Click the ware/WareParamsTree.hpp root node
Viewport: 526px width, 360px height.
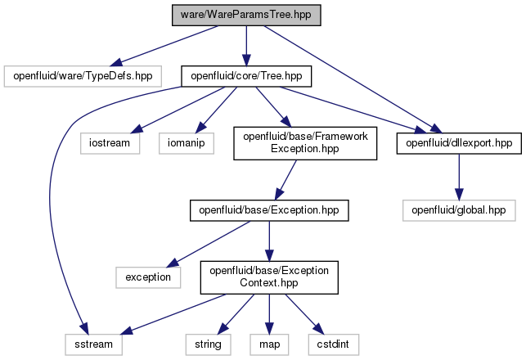pyautogui.click(x=246, y=15)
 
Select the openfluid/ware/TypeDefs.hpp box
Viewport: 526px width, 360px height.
pyautogui.click(x=83, y=76)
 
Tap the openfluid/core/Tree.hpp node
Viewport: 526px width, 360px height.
pyautogui.click(x=246, y=76)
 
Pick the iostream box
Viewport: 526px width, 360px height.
pyautogui.click(x=110, y=143)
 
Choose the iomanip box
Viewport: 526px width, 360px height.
pyautogui.click(x=187, y=143)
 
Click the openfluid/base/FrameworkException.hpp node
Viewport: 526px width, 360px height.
pyautogui.click(x=305, y=143)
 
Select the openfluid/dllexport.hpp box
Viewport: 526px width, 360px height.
pyautogui.click(x=459, y=143)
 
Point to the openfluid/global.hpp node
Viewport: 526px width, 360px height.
pyautogui.click(x=459, y=210)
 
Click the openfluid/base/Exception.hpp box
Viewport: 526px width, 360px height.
pyautogui.click(x=269, y=210)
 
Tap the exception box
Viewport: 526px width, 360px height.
pyautogui.click(x=148, y=277)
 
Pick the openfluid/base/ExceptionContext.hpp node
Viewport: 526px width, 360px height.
pyautogui.click(x=269, y=277)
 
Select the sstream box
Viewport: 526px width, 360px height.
pyautogui.click(x=93, y=344)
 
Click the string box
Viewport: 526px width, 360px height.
pyautogui.click(x=208, y=344)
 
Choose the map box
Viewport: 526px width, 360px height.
pyautogui.click(x=269, y=344)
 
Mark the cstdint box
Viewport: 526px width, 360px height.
pyautogui.click(x=334, y=344)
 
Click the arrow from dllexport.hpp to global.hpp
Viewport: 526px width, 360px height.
pyautogui.click(x=459, y=178)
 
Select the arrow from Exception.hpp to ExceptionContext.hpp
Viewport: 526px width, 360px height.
pyautogui.click(x=269, y=241)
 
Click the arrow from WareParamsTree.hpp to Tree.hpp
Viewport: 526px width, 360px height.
pyautogui.click(x=246, y=46)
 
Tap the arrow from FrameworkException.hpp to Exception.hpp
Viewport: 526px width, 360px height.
pyautogui.click(x=285, y=180)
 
